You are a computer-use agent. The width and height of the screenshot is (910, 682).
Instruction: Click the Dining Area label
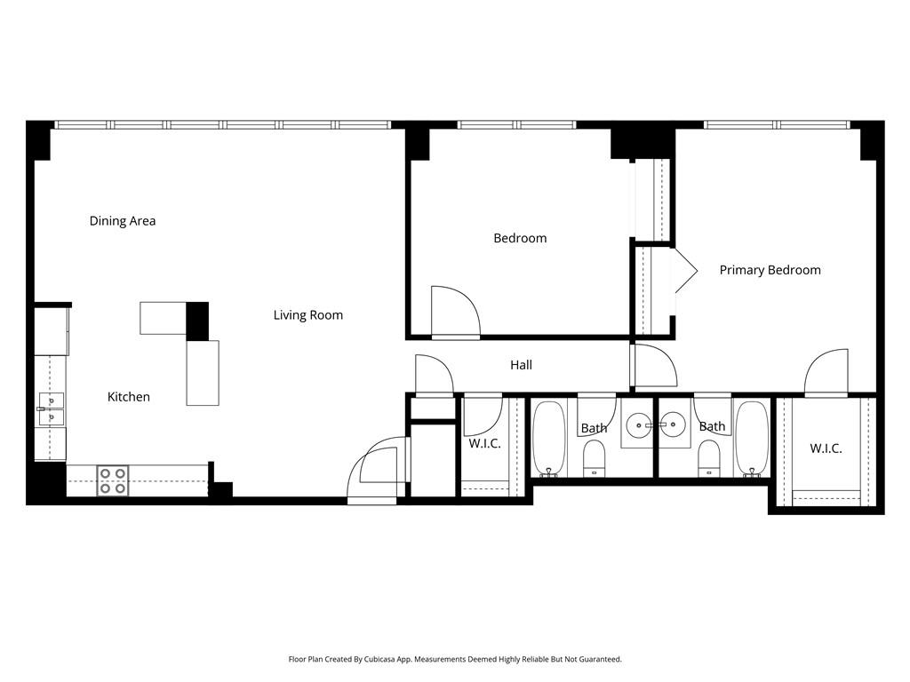point(123,221)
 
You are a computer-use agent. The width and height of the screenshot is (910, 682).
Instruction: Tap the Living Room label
point(308,315)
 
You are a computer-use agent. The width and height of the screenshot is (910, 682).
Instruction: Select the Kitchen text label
point(129,397)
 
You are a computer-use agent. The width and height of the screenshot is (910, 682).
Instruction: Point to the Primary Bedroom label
point(770,270)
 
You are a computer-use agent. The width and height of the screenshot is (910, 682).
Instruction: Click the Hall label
point(521,365)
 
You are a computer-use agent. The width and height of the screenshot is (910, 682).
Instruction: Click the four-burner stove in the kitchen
point(113,480)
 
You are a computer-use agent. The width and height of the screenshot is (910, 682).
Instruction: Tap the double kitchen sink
point(51,409)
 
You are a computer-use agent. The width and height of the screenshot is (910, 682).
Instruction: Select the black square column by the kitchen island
point(197,321)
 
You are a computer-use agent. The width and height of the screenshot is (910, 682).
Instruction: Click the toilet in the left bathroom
point(594,457)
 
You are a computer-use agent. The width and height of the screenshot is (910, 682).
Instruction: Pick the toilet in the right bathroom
point(709,457)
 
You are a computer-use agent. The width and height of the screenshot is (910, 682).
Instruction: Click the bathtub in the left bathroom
point(549,439)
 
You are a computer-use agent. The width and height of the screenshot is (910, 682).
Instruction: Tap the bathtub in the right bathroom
point(752,439)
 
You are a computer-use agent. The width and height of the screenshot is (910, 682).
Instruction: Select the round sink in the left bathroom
point(638,425)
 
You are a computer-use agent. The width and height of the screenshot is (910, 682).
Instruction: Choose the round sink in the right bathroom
point(674,425)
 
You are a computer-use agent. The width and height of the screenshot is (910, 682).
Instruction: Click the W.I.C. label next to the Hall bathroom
point(484,444)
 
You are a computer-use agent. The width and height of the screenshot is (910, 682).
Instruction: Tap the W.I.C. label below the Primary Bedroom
point(826,448)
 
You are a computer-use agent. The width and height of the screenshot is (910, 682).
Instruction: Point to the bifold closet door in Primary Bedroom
point(686,271)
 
